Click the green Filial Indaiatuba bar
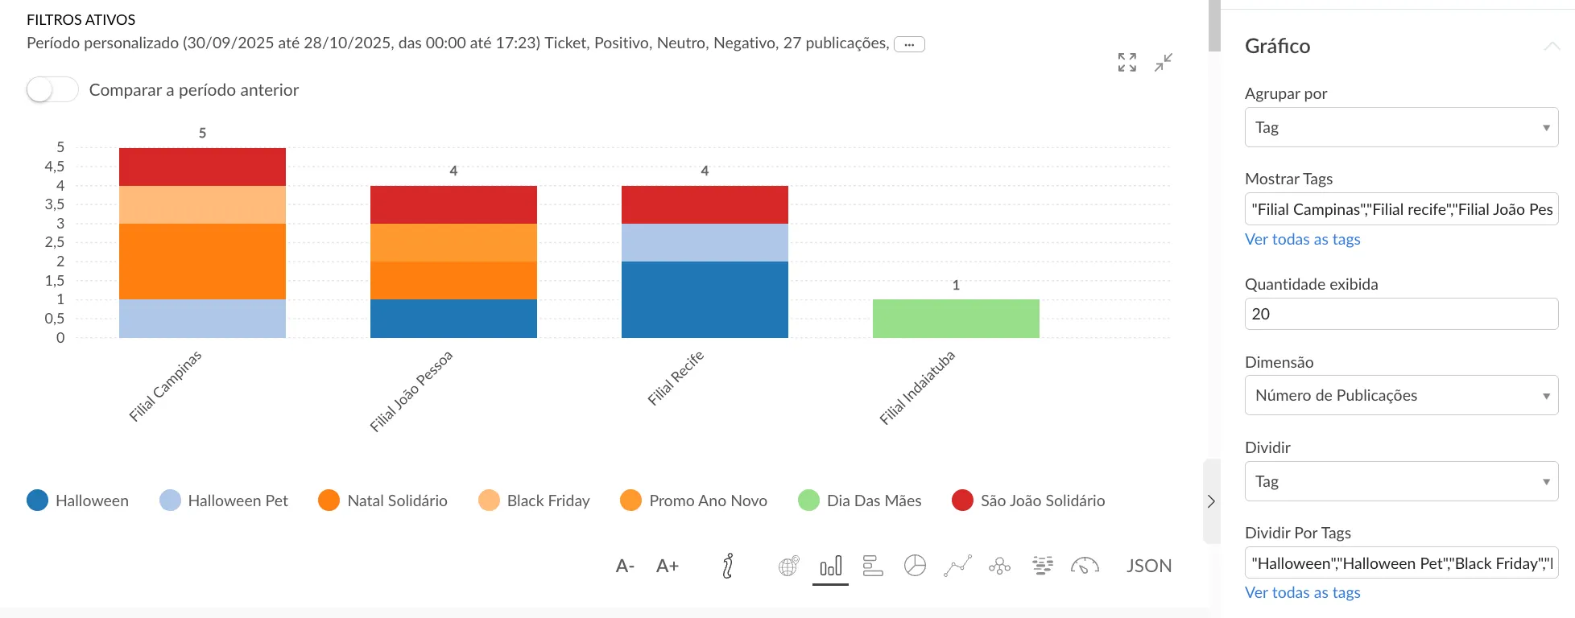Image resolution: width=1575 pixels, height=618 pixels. pyautogui.click(x=956, y=319)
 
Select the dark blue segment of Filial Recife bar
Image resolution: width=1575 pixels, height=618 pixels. pyautogui.click(x=705, y=299)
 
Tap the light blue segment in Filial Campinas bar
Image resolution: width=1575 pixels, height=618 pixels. pyautogui.click(x=202, y=319)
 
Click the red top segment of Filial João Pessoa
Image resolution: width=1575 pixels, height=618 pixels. pyautogui.click(x=453, y=204)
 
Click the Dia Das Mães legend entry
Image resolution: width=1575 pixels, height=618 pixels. pyautogui.click(x=860, y=501)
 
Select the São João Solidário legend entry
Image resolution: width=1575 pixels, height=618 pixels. pyautogui.click(x=1028, y=501)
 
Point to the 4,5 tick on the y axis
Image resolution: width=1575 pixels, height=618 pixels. pyautogui.click(x=55, y=167)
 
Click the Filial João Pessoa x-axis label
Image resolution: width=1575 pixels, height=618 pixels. pyautogui.click(x=411, y=392)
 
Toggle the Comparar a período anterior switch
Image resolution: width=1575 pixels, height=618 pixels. pyautogui.click(x=52, y=89)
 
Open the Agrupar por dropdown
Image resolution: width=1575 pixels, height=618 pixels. pyautogui.click(x=1401, y=127)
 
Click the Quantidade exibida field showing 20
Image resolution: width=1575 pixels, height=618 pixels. pyautogui.click(x=1401, y=314)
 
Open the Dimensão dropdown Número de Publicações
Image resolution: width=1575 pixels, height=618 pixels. pyautogui.click(x=1401, y=395)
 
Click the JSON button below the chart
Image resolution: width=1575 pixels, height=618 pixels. pyautogui.click(x=1148, y=566)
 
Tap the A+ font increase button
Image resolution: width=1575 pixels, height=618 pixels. pyautogui.click(x=668, y=566)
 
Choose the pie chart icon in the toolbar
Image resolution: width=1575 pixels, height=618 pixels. pyautogui.click(x=915, y=566)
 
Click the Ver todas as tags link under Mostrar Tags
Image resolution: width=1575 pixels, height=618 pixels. pyautogui.click(x=1302, y=239)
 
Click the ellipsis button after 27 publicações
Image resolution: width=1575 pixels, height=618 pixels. pyautogui.click(x=909, y=44)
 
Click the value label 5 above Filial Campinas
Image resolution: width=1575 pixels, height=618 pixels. pyautogui.click(x=202, y=133)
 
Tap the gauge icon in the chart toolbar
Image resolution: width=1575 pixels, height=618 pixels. pyautogui.click(x=1085, y=566)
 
